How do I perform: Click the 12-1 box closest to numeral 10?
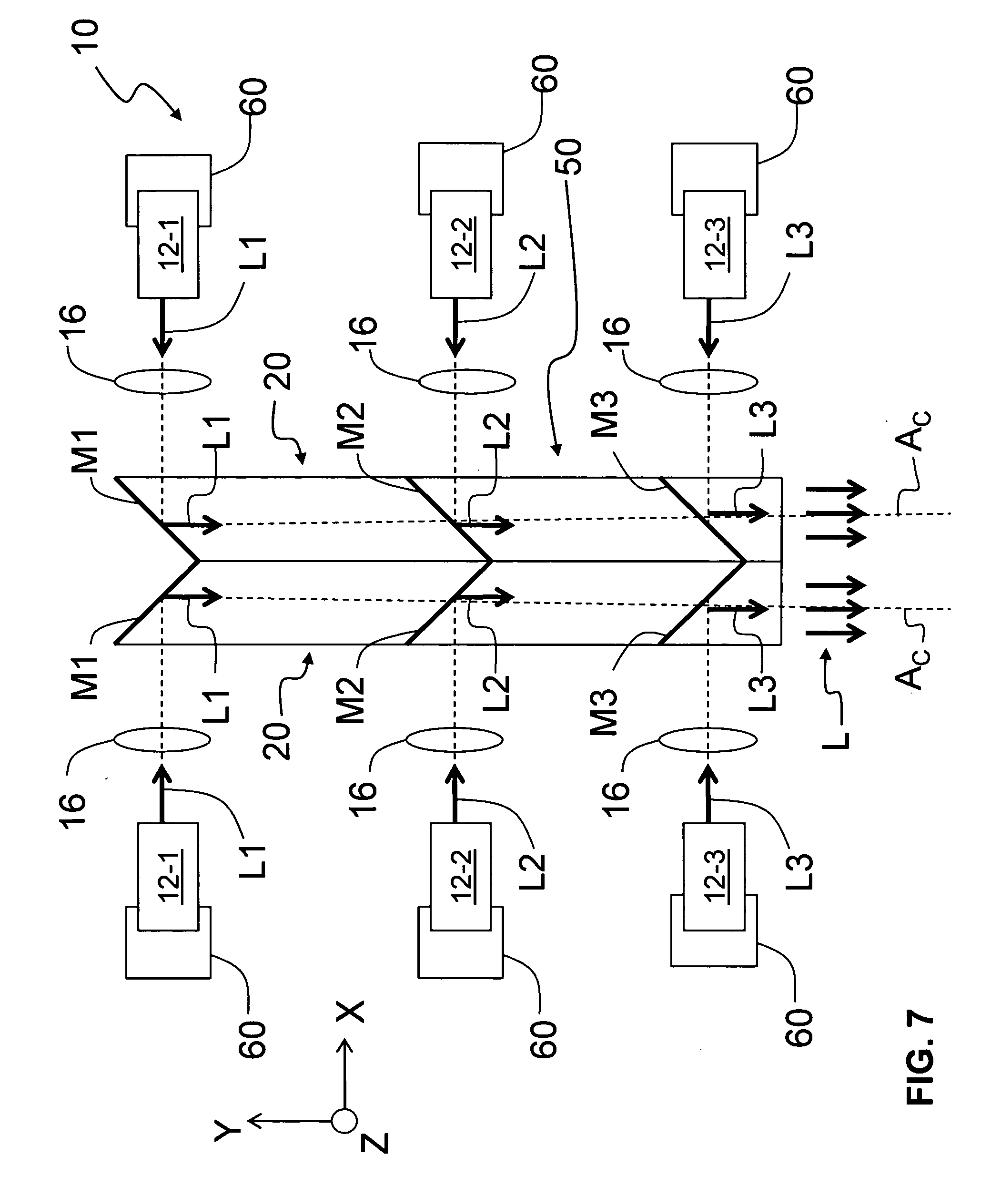169,244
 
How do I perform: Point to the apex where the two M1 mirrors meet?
199,561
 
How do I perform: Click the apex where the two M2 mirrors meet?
491,562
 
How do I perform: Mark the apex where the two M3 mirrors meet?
745,562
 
